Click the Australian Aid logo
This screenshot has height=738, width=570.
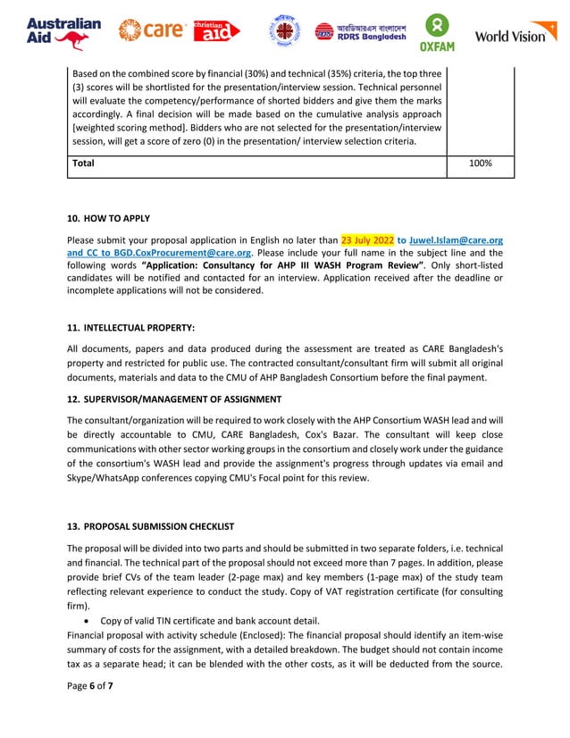click(63, 33)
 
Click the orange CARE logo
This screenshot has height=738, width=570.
click(151, 30)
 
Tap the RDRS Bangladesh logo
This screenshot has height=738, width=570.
click(361, 31)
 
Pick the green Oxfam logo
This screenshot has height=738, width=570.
click(439, 33)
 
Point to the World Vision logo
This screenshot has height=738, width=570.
click(516, 35)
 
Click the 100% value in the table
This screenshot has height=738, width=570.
click(481, 164)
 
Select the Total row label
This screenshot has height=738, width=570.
click(83, 164)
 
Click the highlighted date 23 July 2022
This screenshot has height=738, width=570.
click(367, 240)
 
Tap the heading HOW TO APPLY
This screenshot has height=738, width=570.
click(115, 219)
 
